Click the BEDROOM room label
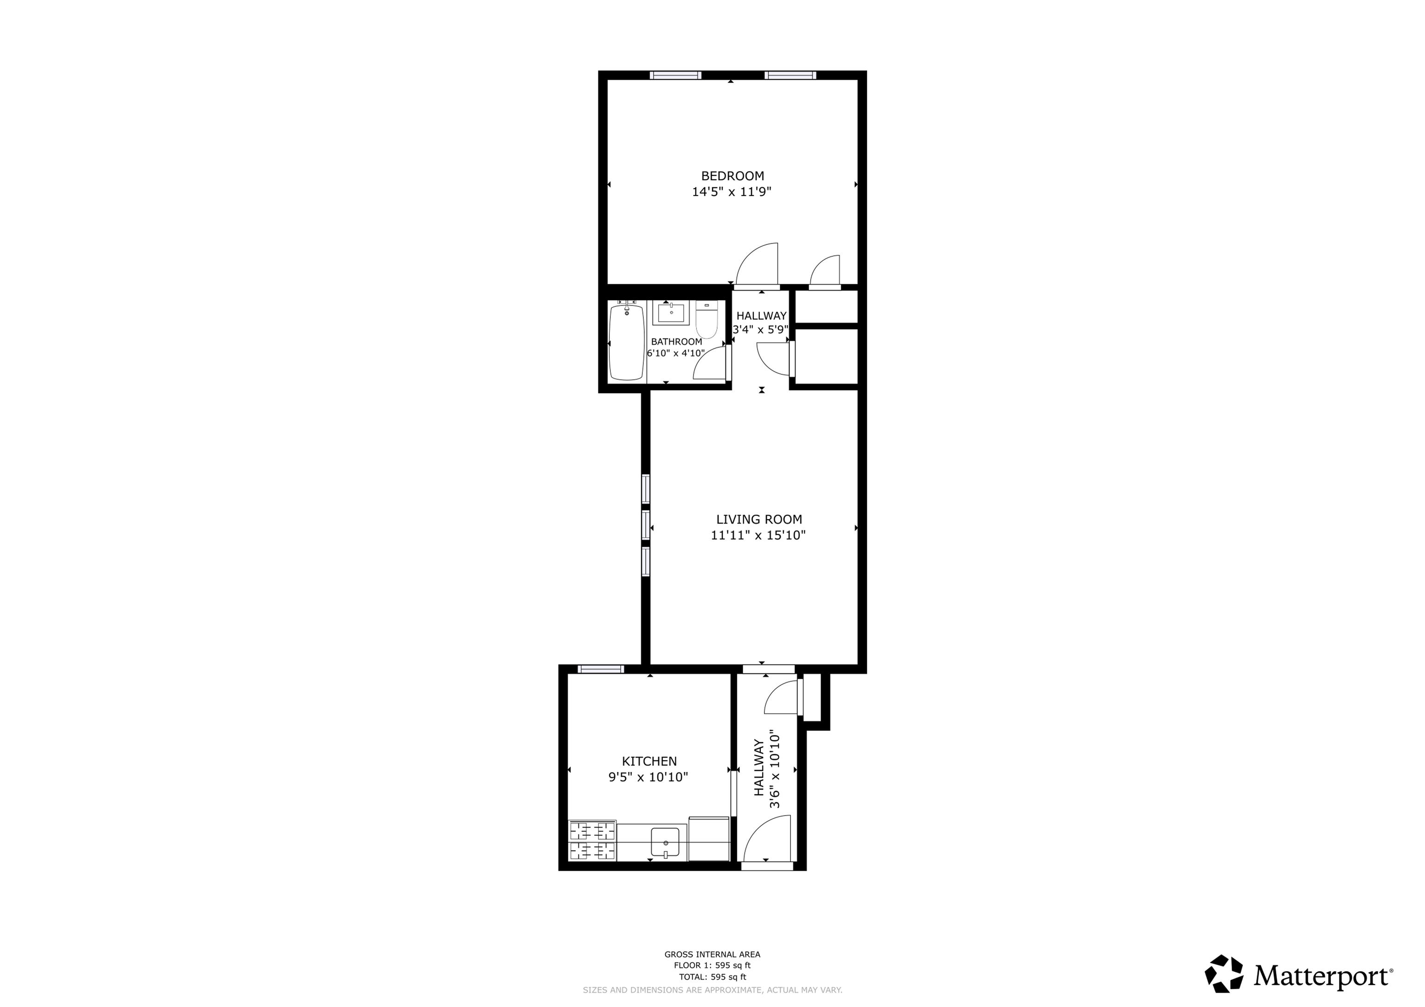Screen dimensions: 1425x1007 click(732, 176)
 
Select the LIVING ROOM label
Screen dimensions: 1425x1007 click(759, 519)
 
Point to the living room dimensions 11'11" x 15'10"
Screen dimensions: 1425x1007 click(758, 535)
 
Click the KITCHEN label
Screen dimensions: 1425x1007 click(649, 761)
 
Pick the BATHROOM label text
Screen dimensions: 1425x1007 click(676, 342)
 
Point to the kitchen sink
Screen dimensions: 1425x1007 click(665, 842)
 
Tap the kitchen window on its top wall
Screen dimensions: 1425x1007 click(601, 669)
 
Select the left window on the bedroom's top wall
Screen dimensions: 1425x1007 click(676, 75)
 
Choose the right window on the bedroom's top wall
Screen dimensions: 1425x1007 click(790, 75)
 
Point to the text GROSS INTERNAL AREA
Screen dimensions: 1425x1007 click(712, 954)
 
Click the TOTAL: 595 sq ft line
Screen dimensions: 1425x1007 click(712, 976)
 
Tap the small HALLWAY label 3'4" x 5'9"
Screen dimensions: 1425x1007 click(761, 323)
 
